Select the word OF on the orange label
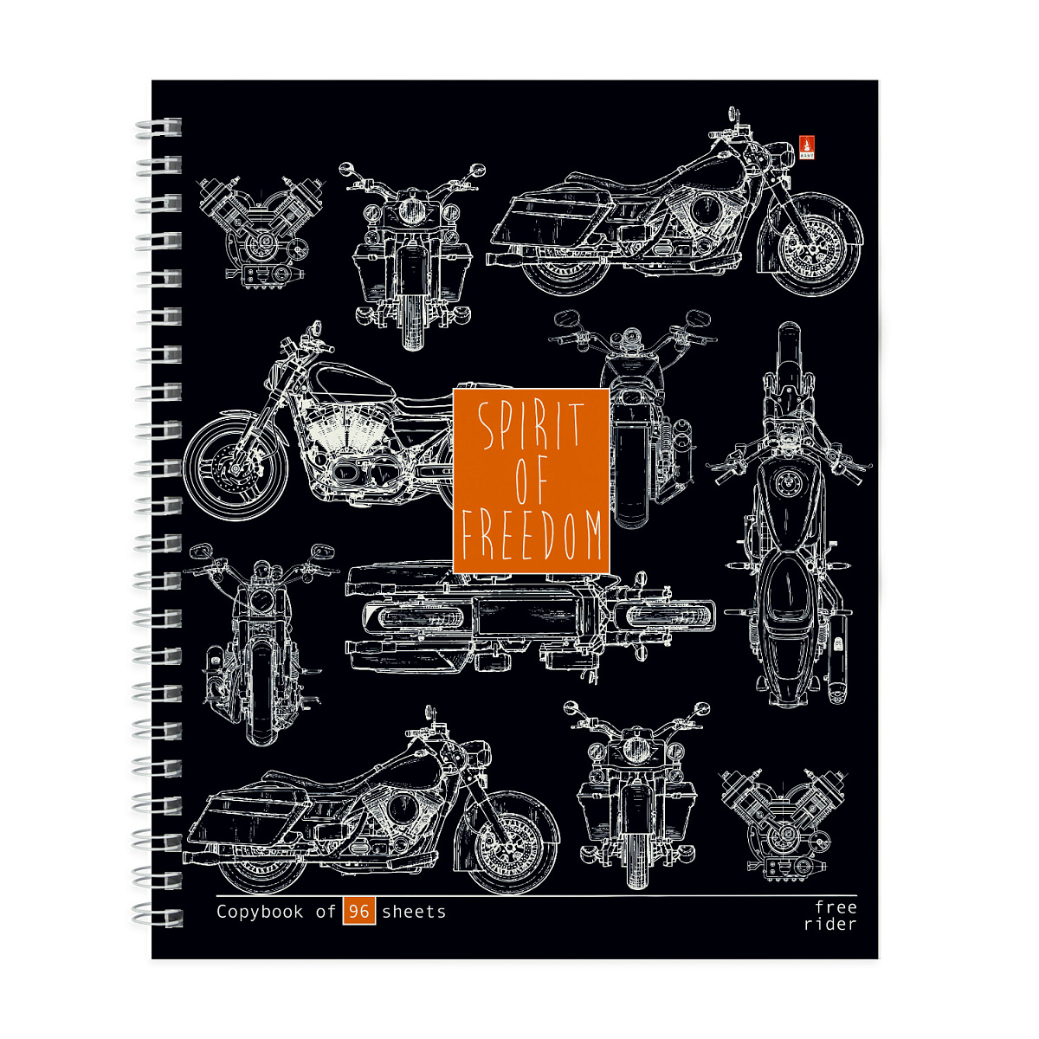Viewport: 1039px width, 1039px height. (x=532, y=481)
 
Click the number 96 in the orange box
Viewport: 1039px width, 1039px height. (x=358, y=911)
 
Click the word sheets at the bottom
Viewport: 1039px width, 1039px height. (x=414, y=912)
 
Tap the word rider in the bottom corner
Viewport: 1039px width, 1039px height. (x=830, y=924)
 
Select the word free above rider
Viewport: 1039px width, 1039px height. (x=836, y=907)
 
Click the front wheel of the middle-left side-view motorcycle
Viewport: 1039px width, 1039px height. (x=236, y=467)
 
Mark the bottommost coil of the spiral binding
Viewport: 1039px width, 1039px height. (x=158, y=918)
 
